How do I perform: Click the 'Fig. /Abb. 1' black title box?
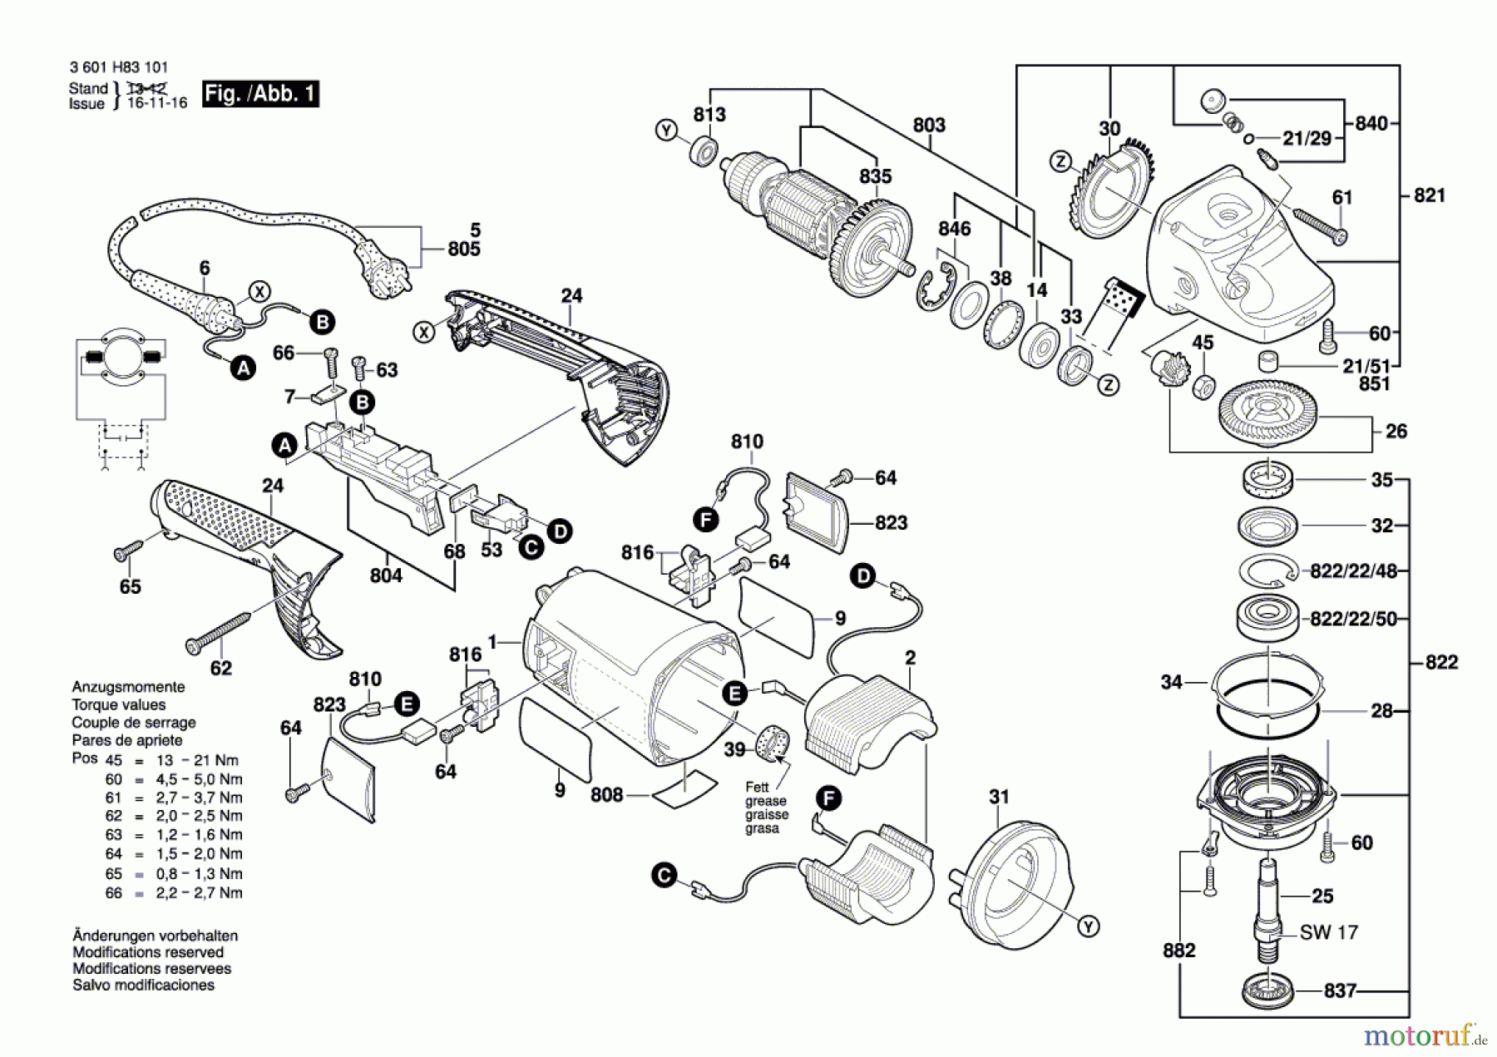[260, 93]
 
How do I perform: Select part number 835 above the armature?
[875, 176]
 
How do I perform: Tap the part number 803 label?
[929, 125]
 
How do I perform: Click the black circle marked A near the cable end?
[243, 368]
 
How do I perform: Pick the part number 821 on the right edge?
[1429, 195]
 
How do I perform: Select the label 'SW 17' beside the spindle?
[1328, 932]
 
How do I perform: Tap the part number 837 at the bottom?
[1340, 990]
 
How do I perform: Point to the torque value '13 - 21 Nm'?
[197, 760]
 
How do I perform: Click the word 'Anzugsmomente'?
[128, 687]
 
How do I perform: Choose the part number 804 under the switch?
[386, 575]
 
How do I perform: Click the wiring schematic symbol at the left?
[121, 399]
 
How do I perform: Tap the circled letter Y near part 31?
[1088, 926]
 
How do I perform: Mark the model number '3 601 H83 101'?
[118, 67]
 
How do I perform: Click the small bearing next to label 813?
[704, 152]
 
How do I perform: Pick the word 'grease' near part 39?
[766, 801]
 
